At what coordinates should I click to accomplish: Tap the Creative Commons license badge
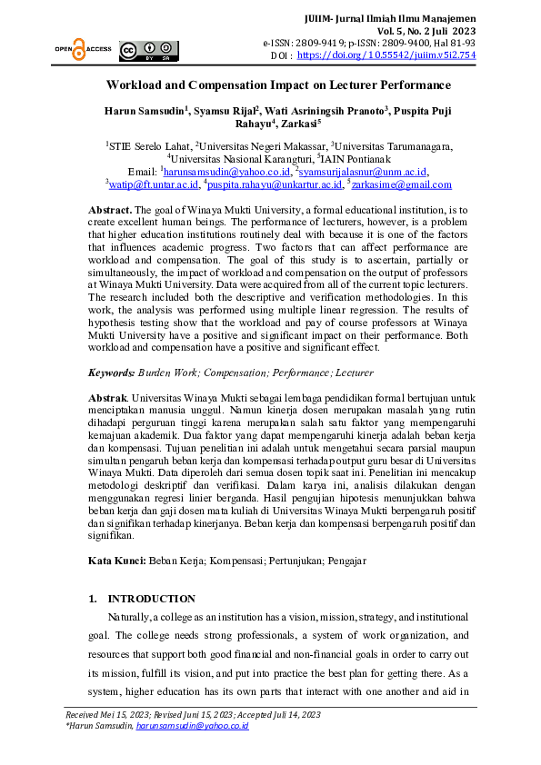click(150, 50)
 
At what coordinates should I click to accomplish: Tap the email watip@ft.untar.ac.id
click(154, 184)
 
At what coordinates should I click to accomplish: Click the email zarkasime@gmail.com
click(401, 184)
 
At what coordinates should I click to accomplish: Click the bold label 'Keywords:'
click(111, 373)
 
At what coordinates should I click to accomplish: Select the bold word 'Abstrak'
click(107, 398)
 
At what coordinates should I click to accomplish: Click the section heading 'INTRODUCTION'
click(151, 599)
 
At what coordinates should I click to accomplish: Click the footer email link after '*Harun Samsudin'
click(192, 726)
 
